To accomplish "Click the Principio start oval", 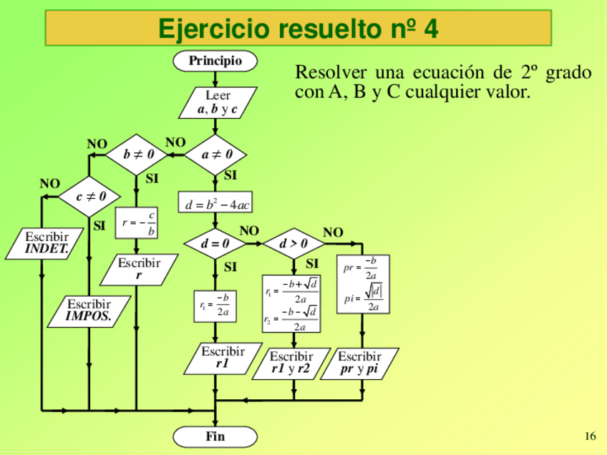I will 215,61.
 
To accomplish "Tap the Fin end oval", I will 215,436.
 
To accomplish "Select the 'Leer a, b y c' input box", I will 217,102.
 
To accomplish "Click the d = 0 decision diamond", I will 215,243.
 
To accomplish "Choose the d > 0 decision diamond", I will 293,243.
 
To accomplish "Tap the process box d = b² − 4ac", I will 215,203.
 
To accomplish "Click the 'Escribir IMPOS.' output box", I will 89,311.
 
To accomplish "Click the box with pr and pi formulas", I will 363,285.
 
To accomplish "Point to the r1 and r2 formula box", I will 291,304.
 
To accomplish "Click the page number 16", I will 590,436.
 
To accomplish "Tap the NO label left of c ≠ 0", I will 49,184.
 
